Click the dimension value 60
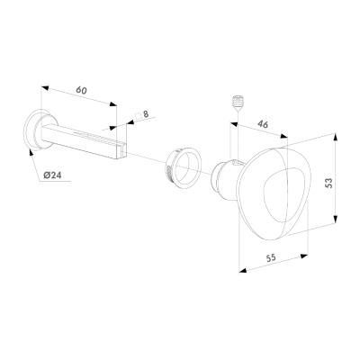click(81, 90)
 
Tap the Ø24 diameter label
click(52, 175)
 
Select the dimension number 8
click(146, 114)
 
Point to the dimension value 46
click(263, 124)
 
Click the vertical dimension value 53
click(329, 183)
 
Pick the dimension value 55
click(271, 258)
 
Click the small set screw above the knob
click(238, 102)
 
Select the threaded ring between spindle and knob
click(183, 169)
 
